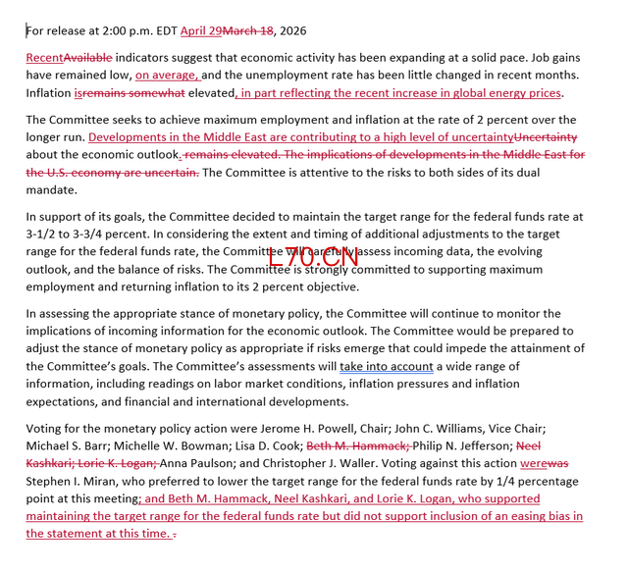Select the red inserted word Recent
point(44,58)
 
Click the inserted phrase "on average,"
point(168,75)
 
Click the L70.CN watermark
point(313,256)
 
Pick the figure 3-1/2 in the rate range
point(46,233)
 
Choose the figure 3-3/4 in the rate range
point(101,233)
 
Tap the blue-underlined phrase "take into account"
point(387,366)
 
